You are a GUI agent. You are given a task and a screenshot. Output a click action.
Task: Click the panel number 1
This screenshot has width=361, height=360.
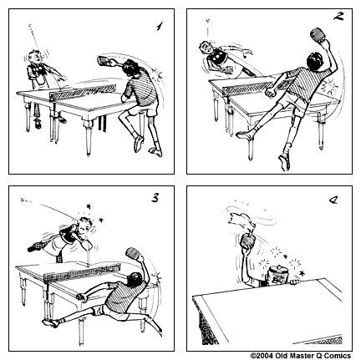157,27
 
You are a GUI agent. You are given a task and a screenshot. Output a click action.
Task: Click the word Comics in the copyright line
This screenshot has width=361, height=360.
343,355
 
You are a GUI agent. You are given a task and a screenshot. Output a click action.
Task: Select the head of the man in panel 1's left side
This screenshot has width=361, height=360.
33,58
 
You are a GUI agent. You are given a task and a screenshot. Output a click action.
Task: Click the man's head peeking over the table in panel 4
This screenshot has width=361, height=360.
274,275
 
